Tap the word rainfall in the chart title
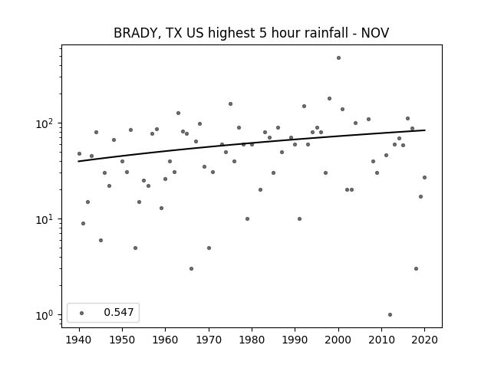[x=327, y=32]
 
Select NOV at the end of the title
[x=375, y=33]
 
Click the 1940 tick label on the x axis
[x=79, y=340]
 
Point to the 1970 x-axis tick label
[x=209, y=340]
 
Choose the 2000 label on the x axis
[x=338, y=340]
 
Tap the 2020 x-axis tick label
[x=424, y=340]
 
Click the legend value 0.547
[x=119, y=312]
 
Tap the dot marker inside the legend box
[x=82, y=313]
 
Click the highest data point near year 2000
[x=338, y=58]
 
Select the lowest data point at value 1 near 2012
[x=390, y=315]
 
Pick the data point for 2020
[x=424, y=177]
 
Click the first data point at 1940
[x=79, y=153]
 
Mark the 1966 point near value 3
[x=191, y=269]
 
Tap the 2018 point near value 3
[x=416, y=269]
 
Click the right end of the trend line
[x=425, y=130]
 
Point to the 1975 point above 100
[x=230, y=104]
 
